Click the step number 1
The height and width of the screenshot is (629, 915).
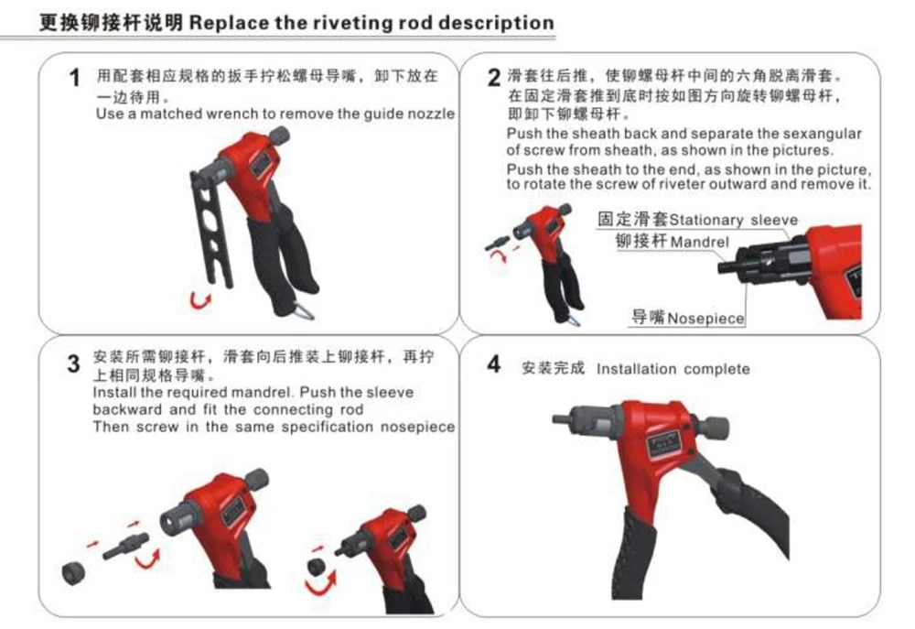click(76, 80)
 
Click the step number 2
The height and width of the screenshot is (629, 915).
click(493, 76)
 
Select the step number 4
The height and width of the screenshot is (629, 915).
click(493, 364)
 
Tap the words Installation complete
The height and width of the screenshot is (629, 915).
click(673, 369)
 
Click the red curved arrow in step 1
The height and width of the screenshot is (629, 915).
click(199, 298)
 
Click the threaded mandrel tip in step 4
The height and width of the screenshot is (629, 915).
click(558, 419)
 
